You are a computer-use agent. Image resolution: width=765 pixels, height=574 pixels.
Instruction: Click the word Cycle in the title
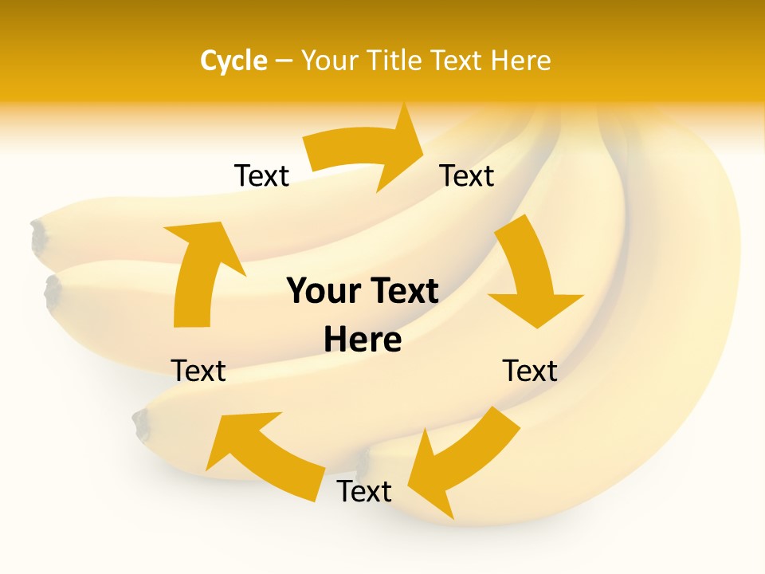click(233, 61)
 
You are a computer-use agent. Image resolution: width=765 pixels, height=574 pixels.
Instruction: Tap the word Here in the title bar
click(521, 61)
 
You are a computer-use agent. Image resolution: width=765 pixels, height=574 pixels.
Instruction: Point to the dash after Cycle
click(284, 61)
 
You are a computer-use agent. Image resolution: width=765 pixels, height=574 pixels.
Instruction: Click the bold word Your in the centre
click(321, 292)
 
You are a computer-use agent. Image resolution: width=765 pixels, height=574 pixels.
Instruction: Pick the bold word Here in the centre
click(363, 340)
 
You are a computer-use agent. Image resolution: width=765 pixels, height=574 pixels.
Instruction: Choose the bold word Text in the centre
click(402, 292)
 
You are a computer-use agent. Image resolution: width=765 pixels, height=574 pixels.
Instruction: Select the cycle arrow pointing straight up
click(199, 271)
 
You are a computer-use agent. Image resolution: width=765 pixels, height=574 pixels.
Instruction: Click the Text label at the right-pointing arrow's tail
click(261, 176)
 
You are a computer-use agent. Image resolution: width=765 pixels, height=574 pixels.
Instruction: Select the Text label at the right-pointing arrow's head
click(467, 176)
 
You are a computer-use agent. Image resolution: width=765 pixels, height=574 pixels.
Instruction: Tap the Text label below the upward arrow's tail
click(198, 371)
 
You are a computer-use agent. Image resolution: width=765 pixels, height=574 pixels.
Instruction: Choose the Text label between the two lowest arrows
click(364, 492)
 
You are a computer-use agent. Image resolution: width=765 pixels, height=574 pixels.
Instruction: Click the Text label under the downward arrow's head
click(530, 371)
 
